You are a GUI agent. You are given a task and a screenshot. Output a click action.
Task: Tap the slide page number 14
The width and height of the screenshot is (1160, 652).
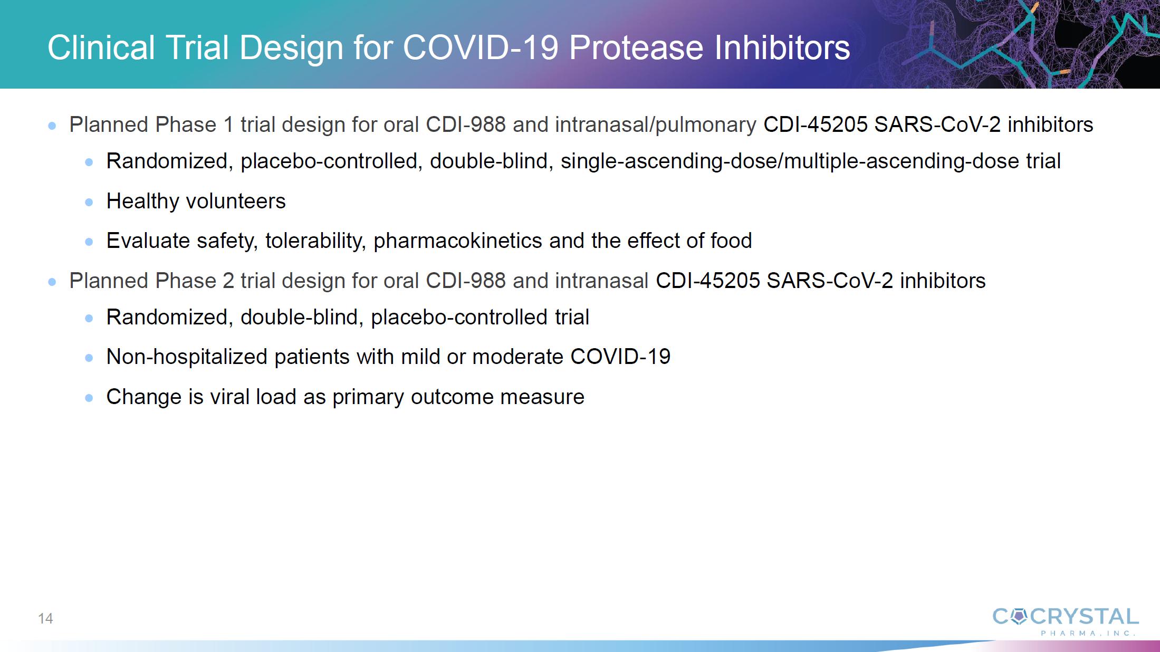tap(45, 618)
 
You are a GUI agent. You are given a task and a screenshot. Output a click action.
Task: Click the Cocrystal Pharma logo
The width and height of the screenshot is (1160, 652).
tap(1065, 621)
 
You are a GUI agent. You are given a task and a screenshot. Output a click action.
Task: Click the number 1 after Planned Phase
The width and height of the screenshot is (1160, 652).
tap(228, 125)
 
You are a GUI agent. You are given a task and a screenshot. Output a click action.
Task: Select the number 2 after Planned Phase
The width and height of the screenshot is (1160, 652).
tap(228, 281)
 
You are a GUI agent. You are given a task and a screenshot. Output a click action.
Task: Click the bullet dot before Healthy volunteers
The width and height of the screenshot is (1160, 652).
tap(89, 202)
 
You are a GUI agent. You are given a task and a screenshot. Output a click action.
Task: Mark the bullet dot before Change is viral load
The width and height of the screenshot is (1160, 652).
tap(89, 398)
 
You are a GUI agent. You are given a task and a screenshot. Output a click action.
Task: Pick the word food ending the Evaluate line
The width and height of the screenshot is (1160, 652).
tap(731, 241)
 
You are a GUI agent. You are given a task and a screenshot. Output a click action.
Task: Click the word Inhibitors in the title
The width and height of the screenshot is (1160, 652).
tap(782, 47)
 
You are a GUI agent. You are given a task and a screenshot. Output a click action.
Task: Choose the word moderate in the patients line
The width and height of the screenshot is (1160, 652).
tap(517, 357)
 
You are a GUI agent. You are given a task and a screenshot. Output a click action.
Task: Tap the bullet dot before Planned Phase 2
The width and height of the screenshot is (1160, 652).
tap(52, 282)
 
